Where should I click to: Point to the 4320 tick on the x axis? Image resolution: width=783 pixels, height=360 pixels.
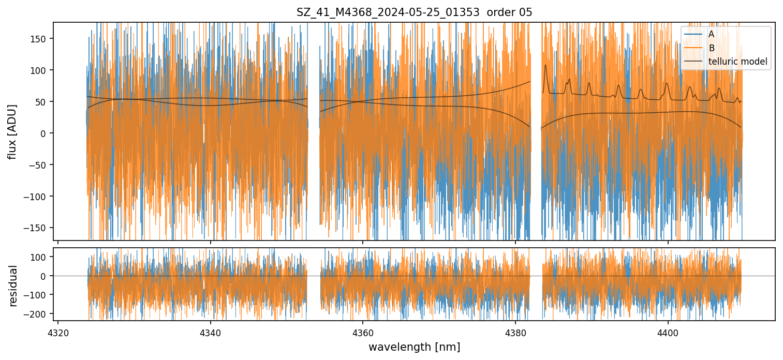tap(58, 331)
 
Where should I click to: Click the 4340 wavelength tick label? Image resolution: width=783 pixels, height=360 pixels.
tap(210, 331)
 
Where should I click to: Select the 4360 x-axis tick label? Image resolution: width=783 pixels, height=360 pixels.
tap(363, 331)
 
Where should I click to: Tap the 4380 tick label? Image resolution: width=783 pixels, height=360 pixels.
tap(515, 331)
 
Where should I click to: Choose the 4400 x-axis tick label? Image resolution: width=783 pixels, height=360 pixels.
tap(668, 331)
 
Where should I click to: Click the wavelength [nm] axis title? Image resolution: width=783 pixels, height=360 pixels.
tap(414, 347)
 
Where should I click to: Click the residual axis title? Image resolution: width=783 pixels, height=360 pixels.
tap(13, 285)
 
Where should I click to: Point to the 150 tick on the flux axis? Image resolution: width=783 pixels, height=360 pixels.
tap(41, 39)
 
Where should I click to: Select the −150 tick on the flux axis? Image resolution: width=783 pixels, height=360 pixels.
tap(39, 228)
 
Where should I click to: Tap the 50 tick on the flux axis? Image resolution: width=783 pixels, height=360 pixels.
tap(43, 102)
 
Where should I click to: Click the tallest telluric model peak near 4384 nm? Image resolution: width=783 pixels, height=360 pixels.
tap(545, 65)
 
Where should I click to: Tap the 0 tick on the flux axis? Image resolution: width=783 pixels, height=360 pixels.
tap(45, 133)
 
